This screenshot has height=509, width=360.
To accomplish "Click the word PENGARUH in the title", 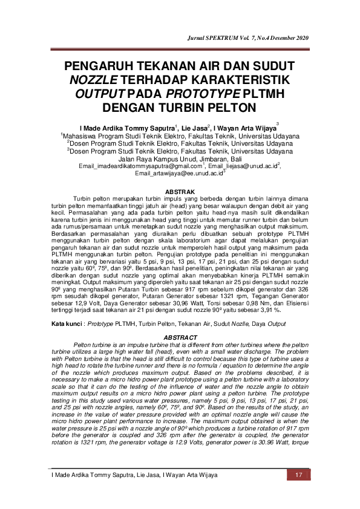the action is tap(105, 66).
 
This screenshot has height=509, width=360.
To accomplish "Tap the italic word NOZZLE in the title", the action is tap(94, 80).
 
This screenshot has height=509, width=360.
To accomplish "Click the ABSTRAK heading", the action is tap(180, 191).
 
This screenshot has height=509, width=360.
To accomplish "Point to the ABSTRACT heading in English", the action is tap(180, 337).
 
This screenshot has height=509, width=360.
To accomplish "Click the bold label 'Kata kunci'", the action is tap(66, 325).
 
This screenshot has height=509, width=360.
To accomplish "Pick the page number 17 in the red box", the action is tap(298, 475).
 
